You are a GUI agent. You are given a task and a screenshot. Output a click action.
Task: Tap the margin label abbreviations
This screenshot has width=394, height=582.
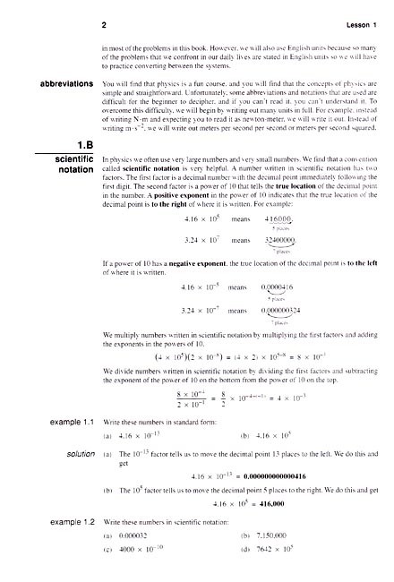click(58, 84)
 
